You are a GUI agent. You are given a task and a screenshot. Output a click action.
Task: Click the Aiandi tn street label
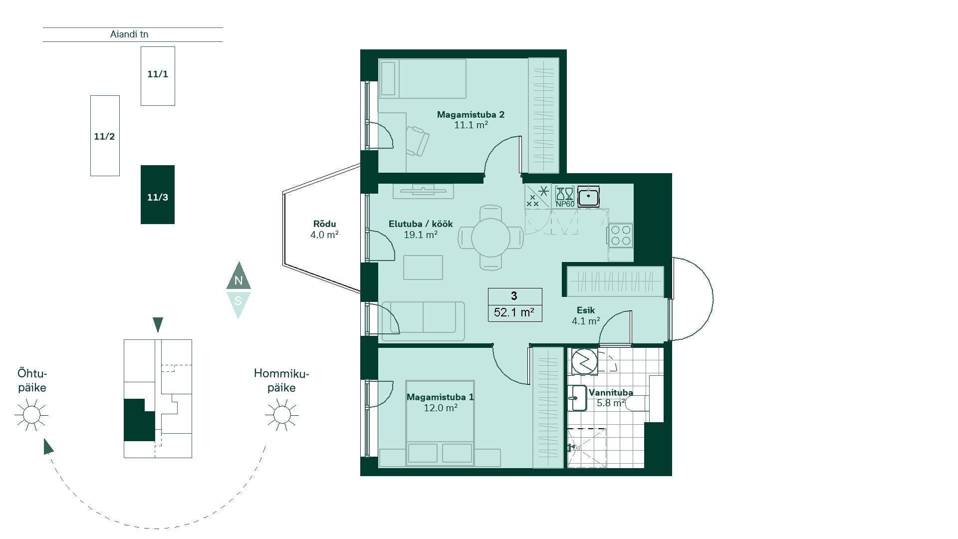(129, 34)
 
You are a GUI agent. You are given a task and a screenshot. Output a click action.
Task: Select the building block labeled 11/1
(158, 76)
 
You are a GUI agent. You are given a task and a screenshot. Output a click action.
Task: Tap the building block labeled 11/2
(105, 136)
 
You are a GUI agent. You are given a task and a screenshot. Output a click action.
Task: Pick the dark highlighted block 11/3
(158, 195)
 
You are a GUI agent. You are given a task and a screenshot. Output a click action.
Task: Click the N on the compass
(239, 280)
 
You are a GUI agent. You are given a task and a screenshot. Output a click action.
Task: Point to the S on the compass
(239, 301)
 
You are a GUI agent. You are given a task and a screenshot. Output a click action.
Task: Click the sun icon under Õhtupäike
(31, 415)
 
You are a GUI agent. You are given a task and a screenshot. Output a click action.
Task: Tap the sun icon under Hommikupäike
(282, 415)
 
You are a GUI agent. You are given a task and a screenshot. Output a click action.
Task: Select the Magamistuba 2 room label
(471, 115)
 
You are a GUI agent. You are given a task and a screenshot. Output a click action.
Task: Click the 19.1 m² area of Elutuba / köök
(421, 235)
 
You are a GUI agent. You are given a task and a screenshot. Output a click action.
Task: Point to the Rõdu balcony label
(324, 224)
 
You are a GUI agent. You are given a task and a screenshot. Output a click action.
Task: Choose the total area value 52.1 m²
(514, 312)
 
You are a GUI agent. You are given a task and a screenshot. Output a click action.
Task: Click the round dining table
(491, 237)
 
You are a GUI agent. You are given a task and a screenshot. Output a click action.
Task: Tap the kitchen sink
(589, 196)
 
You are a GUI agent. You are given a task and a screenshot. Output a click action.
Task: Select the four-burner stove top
(621, 236)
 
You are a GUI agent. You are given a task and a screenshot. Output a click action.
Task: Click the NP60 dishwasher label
(565, 204)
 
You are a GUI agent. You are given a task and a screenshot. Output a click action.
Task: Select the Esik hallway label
(586, 310)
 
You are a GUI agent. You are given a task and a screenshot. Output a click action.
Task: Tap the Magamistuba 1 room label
(440, 397)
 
